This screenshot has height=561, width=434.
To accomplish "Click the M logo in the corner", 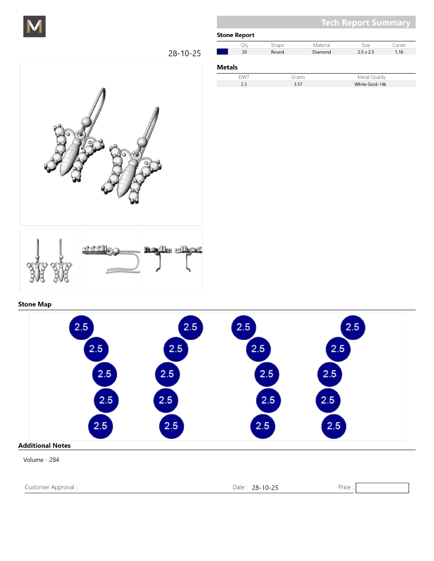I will click(x=34, y=27).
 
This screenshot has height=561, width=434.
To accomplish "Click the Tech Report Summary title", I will click(x=366, y=22).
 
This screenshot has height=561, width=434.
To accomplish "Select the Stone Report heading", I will click(x=236, y=35).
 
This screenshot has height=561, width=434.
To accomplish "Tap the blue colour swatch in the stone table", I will click(x=222, y=52).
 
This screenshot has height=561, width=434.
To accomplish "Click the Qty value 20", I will click(x=244, y=52).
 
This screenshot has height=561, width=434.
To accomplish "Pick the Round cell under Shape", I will click(x=277, y=52).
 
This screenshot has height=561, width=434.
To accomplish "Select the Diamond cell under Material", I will click(x=322, y=52).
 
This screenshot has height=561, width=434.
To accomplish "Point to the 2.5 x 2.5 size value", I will click(x=366, y=52).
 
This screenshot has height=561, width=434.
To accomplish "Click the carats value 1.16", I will click(x=399, y=52).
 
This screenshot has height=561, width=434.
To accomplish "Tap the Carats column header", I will click(x=399, y=45).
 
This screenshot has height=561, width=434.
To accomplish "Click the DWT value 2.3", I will click(x=244, y=84).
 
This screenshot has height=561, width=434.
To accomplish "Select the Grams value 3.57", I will click(x=298, y=84).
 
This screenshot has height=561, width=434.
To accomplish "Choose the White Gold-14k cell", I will click(x=370, y=84).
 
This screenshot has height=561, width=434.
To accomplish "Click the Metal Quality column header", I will click(x=371, y=77).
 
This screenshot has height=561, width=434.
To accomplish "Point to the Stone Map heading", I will click(x=35, y=304).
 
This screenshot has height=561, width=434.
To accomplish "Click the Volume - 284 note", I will click(x=41, y=460).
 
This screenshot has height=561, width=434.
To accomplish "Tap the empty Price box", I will click(x=382, y=488).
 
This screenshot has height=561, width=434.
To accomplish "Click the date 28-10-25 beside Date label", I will click(x=265, y=488).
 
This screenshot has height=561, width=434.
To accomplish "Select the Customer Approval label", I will click(x=51, y=487).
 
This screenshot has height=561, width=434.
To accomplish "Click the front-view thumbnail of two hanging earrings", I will click(x=49, y=260).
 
